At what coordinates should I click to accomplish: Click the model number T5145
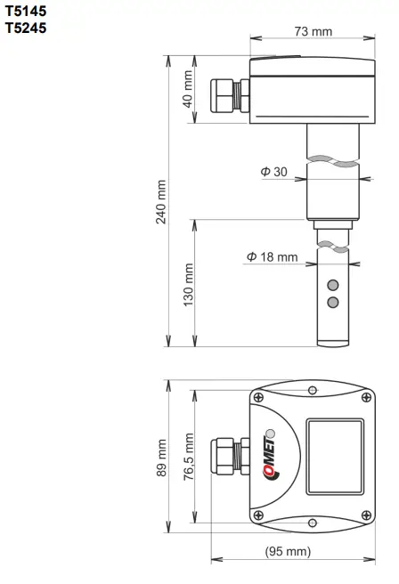[25, 12]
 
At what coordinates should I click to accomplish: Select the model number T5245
[25, 28]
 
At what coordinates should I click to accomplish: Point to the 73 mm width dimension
[312, 31]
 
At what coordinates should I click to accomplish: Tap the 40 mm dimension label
[188, 89]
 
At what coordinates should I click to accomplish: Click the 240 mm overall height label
[161, 202]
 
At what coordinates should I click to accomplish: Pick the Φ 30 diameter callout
[273, 172]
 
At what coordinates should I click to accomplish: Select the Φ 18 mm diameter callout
[273, 257]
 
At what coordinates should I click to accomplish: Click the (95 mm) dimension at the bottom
[288, 552]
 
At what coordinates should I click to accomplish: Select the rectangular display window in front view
[334, 458]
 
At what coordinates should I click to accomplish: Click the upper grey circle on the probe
[333, 286]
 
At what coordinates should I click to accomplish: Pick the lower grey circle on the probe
[333, 303]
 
